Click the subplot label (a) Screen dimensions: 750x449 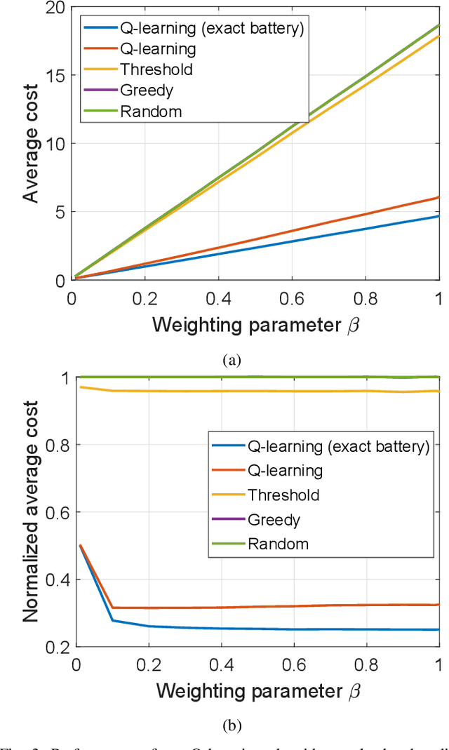tap(231, 361)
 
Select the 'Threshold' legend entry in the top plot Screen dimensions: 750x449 tap(156, 69)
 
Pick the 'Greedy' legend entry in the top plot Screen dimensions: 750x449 tap(146, 91)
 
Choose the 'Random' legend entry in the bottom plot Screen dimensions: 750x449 tap(277, 544)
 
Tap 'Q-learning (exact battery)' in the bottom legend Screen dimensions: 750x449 tap(337, 446)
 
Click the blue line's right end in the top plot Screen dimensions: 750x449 tap(438, 216)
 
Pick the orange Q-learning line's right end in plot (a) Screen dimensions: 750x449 tap(438, 197)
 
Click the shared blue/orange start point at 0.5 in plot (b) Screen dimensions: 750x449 tap(81, 545)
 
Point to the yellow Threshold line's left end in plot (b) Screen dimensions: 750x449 tap(81, 387)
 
